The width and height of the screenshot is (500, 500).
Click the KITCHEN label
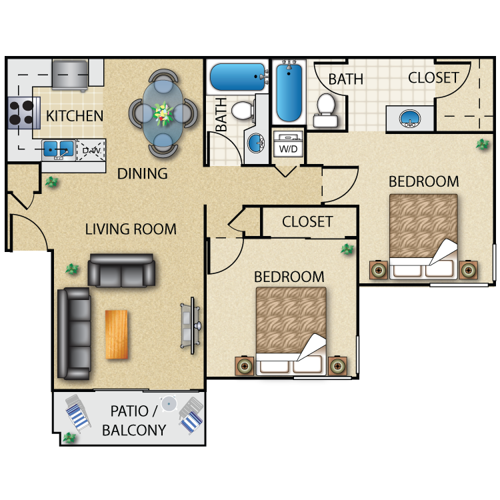point(75,116)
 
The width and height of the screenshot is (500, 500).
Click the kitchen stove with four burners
point(21,113)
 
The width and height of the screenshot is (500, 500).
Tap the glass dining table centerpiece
point(163,113)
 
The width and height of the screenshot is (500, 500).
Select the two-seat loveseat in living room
point(121,269)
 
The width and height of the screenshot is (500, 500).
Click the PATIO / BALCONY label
point(133,421)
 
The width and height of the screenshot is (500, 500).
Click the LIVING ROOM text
point(131,229)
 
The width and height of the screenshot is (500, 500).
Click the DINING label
point(142,174)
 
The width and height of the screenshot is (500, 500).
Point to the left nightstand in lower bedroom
point(244,366)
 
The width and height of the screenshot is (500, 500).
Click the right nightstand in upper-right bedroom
point(469,270)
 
